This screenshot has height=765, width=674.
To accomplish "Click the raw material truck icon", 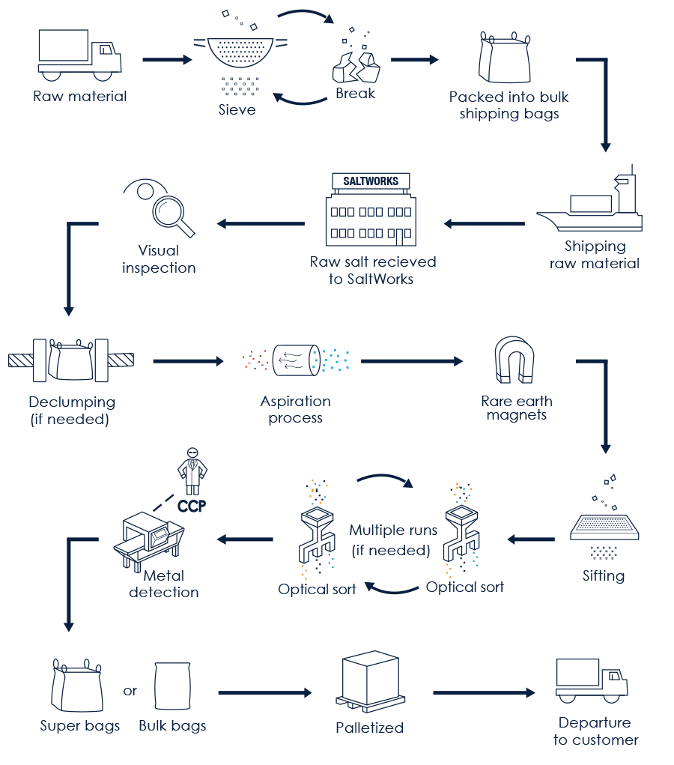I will point(79,56).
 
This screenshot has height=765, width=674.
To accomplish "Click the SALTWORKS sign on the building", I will point(371,181).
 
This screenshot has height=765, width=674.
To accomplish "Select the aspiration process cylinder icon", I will point(296,359).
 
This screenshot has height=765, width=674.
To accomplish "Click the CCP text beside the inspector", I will point(192,506).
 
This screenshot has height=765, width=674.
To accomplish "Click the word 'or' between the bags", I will point(130,690).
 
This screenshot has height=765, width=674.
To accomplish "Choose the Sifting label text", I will point(604,575).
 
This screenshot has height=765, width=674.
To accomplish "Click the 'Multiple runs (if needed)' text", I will point(393,540).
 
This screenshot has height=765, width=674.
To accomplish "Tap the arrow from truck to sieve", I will point(167,59).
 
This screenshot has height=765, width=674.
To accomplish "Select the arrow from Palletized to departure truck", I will point(483,693).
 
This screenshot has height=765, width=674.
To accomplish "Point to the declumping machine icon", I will point(71,360).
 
